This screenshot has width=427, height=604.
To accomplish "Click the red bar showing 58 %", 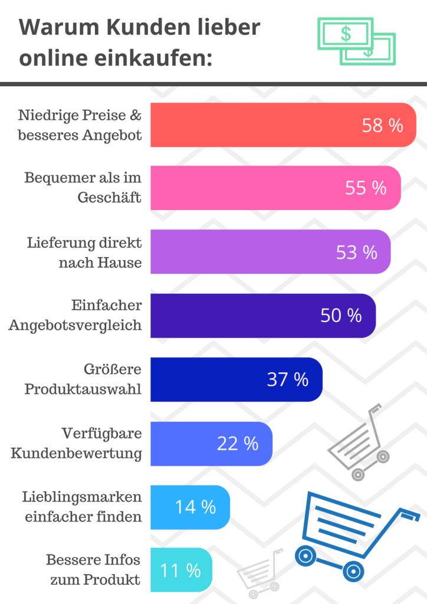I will point(283,125).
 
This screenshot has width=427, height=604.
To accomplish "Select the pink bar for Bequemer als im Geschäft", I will point(275,188).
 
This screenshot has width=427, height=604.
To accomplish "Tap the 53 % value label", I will point(356,252).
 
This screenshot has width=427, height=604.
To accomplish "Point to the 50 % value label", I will point(341,316).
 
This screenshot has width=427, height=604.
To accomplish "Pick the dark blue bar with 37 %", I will point(236,379).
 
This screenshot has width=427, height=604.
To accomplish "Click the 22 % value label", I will point(237,444).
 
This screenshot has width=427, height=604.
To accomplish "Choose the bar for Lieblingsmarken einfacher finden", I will point(190,507).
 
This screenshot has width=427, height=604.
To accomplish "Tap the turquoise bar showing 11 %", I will point(180,570).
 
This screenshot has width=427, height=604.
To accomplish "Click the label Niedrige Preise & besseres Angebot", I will point(80,125).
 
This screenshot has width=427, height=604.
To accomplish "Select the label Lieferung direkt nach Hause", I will point(84,252).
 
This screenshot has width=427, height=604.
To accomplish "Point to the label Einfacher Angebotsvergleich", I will point(75,316).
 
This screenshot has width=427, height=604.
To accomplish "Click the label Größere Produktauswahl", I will point(83,379).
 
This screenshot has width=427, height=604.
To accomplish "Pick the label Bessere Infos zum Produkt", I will point(93,570).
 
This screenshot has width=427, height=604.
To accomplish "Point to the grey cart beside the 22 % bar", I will point(360,442).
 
